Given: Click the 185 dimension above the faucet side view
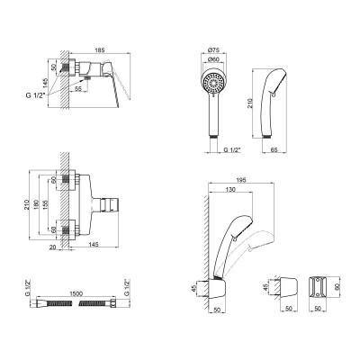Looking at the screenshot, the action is click(100, 49).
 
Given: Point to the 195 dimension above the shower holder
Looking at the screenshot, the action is click(241, 180).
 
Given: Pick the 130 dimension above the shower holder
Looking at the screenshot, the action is click(230, 189).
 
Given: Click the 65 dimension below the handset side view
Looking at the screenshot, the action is click(274, 149).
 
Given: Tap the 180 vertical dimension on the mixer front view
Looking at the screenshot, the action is click(37, 204).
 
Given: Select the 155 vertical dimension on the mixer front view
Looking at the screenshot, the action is click(46, 204).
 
